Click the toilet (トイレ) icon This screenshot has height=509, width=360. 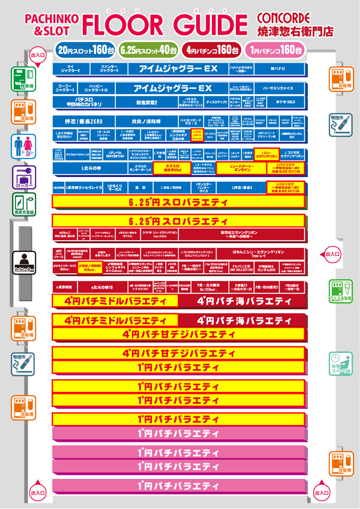tap(23, 146)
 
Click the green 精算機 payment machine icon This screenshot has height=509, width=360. tap(23, 79)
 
